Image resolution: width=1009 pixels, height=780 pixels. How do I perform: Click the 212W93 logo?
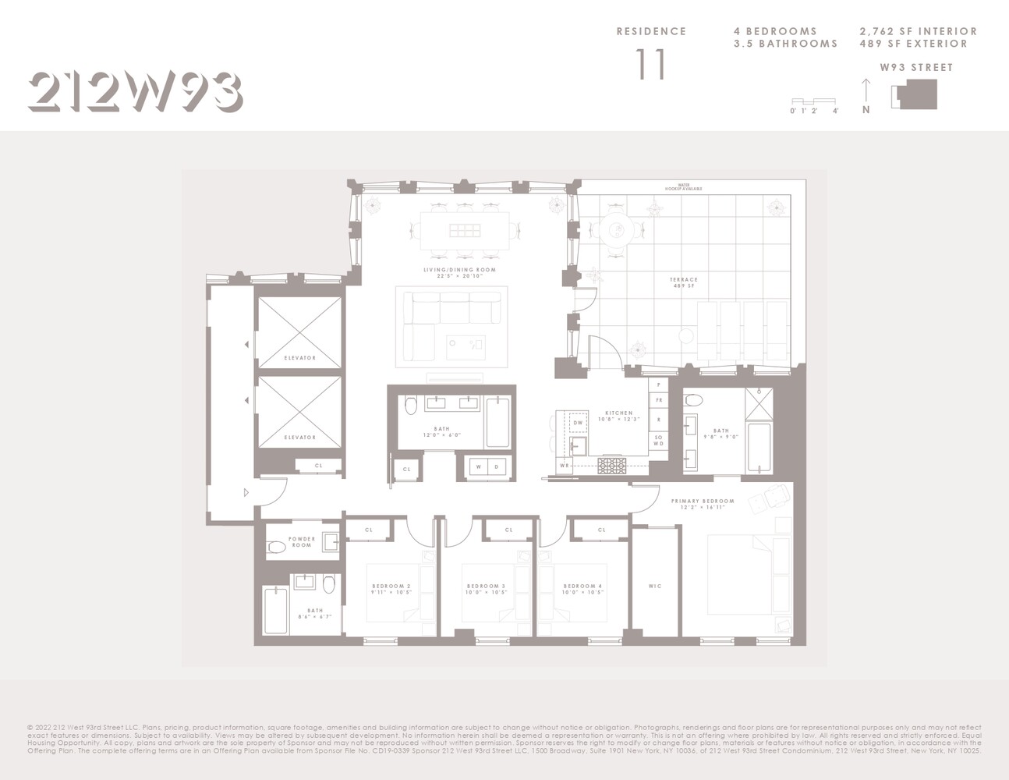(x=135, y=92)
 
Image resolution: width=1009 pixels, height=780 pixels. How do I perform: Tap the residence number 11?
(x=650, y=65)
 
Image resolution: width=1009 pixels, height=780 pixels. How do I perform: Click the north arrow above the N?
(x=866, y=89)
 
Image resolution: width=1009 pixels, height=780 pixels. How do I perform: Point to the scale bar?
(x=813, y=101)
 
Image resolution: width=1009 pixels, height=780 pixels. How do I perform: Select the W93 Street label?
(x=916, y=68)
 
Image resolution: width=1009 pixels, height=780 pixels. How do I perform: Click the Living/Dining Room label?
(x=459, y=272)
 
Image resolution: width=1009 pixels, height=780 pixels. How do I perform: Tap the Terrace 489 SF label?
(x=683, y=282)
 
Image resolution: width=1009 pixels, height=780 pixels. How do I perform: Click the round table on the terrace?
(x=618, y=229)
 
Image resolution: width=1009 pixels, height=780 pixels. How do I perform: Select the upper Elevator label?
(x=299, y=358)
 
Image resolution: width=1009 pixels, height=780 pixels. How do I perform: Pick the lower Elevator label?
(x=299, y=438)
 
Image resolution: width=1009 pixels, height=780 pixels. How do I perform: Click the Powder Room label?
(x=302, y=542)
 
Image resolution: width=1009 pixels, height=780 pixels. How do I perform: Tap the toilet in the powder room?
(x=277, y=548)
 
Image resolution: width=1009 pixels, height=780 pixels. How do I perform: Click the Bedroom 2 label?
(x=391, y=589)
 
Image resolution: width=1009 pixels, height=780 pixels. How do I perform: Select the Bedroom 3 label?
(x=486, y=589)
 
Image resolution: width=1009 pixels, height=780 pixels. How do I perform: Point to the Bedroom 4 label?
(x=582, y=589)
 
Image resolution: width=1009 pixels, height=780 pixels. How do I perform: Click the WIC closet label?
(x=655, y=587)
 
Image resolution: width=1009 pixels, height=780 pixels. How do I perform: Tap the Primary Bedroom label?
(x=703, y=504)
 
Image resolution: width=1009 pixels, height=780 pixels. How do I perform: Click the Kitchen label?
(x=619, y=416)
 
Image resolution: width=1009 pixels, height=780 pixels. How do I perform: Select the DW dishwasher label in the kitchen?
(x=578, y=423)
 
